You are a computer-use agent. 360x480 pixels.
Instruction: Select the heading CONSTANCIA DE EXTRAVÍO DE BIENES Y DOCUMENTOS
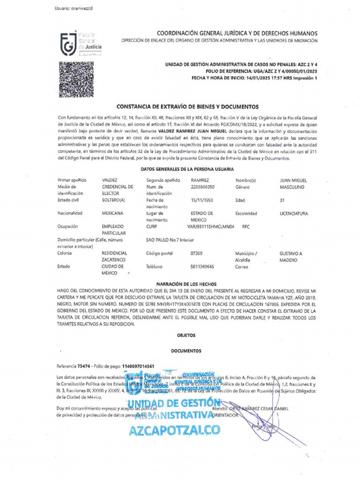pos(187,107)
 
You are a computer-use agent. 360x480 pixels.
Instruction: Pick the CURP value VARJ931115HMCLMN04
pos(210,226)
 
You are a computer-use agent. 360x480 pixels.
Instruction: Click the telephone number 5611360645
pos(202,267)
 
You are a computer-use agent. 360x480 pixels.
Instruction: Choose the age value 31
pos(282,200)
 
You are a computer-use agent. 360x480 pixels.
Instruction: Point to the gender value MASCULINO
pos(292,187)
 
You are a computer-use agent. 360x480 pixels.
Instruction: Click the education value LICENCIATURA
pos(294,213)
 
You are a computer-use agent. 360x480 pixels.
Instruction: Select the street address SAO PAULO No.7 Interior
pos(170,240)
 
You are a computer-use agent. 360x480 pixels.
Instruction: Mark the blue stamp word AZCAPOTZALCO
pos(174,430)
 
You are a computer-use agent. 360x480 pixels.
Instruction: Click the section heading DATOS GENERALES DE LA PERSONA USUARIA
pos(187,169)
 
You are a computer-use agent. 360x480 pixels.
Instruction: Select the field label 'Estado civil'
pos(70,200)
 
